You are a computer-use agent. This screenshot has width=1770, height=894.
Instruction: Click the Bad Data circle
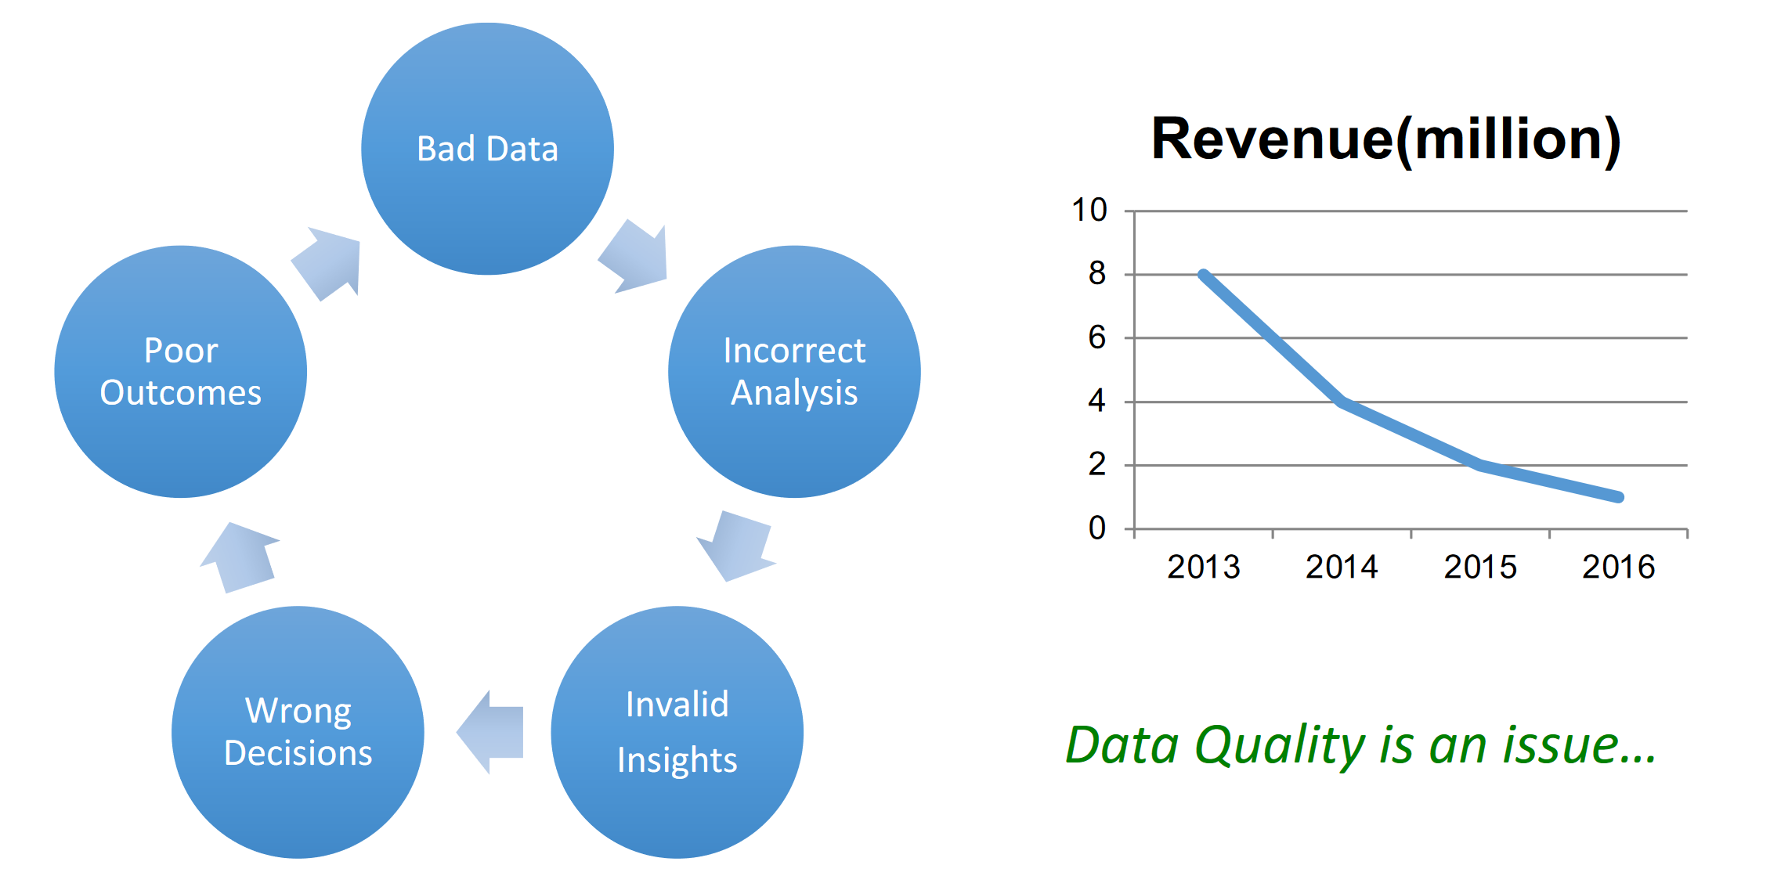point(487,149)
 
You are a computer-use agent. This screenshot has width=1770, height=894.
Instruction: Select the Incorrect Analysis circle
point(794,372)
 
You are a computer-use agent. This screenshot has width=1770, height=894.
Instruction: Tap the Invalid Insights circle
point(677,732)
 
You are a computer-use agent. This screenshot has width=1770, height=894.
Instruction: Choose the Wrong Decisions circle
point(298,732)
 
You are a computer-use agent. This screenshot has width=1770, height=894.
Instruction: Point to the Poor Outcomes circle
point(180,372)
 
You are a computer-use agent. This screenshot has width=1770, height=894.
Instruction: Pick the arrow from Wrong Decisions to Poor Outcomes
point(240,557)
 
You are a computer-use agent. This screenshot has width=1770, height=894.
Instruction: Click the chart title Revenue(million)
point(1385,139)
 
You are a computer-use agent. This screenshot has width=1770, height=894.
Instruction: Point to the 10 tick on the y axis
point(1089,210)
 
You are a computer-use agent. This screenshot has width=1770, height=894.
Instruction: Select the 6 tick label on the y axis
point(1096,337)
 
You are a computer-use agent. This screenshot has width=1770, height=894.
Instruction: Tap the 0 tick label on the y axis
point(1097,528)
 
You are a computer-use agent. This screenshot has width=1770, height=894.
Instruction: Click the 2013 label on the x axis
point(1204,567)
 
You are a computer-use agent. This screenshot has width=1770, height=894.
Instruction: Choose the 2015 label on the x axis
point(1480,567)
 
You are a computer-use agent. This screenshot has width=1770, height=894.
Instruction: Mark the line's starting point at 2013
point(1204,275)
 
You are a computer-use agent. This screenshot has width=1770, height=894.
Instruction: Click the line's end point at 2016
point(1619,497)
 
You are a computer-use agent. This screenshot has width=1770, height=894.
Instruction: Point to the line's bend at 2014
point(1342,402)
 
